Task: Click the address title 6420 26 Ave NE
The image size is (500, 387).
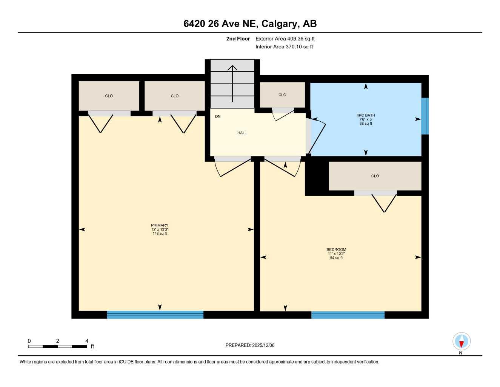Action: point(250,23)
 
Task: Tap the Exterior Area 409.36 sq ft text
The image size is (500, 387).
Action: point(285,39)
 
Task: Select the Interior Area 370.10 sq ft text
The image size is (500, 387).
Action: point(284,47)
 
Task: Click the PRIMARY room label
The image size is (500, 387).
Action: point(160,225)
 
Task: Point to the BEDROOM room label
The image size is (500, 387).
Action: point(336,249)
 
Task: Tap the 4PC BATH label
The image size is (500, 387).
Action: point(366,115)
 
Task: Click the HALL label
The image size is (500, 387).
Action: point(242,133)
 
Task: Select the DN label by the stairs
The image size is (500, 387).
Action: point(218,116)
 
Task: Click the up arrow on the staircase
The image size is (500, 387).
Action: point(232,83)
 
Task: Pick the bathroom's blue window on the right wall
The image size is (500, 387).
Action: point(425,116)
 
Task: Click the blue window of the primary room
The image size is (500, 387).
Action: point(155,314)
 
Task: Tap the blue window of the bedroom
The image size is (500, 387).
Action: point(348,315)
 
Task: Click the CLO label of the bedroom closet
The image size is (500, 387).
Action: point(375,176)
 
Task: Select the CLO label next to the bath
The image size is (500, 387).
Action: point(282,95)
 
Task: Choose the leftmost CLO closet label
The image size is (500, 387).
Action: point(109,96)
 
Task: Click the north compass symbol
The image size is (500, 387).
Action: point(461,342)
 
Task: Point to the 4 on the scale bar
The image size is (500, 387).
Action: point(87,341)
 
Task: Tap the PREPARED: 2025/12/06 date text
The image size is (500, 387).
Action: point(250,345)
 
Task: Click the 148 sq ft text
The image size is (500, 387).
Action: point(160,234)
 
